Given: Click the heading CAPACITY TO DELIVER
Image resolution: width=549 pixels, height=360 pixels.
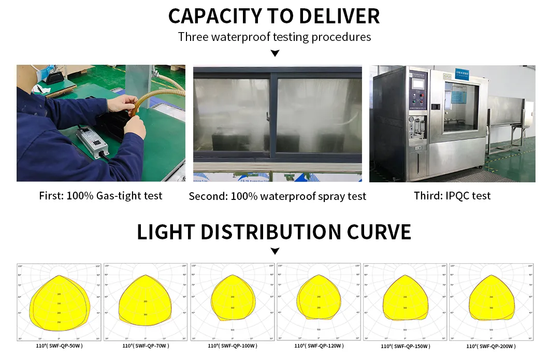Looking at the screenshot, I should [x=274, y=16].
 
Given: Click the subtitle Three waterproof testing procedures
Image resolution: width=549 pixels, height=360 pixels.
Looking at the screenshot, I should [x=274, y=37].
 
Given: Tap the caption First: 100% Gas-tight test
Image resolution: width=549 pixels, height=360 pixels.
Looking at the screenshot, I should [x=100, y=196].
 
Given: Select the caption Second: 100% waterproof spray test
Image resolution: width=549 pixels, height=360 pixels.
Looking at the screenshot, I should [x=277, y=196].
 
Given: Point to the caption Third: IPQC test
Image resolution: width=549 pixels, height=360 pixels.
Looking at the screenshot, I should [x=452, y=196].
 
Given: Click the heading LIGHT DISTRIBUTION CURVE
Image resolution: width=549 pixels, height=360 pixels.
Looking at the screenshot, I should [x=274, y=232].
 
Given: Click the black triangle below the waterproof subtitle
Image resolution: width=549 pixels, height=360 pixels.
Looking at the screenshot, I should [x=275, y=53].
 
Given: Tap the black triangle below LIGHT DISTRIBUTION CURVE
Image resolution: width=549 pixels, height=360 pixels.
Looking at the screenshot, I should [x=275, y=251].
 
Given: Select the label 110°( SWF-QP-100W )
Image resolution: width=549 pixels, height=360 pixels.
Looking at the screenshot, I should [x=233, y=345].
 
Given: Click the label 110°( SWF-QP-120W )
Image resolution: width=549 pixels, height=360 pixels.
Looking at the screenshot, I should [x=319, y=345].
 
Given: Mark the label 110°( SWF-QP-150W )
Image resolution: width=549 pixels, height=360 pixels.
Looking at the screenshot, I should [x=405, y=346].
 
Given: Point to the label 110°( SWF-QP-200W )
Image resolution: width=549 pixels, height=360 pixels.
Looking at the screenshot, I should [x=491, y=346].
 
